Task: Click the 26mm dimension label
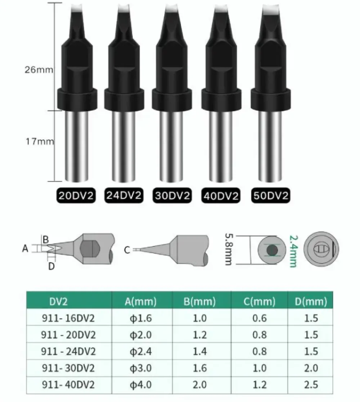point(39,70)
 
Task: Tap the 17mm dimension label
point(39,141)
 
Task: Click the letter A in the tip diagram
point(25,248)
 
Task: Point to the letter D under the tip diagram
point(51,266)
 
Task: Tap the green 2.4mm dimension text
point(292,251)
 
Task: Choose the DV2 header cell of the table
point(58,302)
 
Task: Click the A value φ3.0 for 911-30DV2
point(141,368)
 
